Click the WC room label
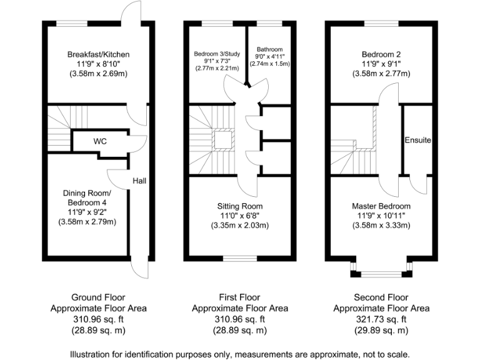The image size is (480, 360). point(100,141)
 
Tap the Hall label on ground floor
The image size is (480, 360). point(139,181)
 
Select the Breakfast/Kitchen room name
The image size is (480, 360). point(98,54)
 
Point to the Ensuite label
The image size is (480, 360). point(417,140)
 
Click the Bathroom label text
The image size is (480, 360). point(270,49)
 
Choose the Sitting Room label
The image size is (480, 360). point(240,206)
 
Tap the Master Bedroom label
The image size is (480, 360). point(381,206)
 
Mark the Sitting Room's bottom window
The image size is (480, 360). point(240,257)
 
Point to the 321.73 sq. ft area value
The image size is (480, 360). point(381,319)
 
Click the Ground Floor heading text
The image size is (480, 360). point(98,297)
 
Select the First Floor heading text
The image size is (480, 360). point(240,297)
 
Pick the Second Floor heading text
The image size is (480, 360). point(381,297)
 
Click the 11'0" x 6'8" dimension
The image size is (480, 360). point(240,216)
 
